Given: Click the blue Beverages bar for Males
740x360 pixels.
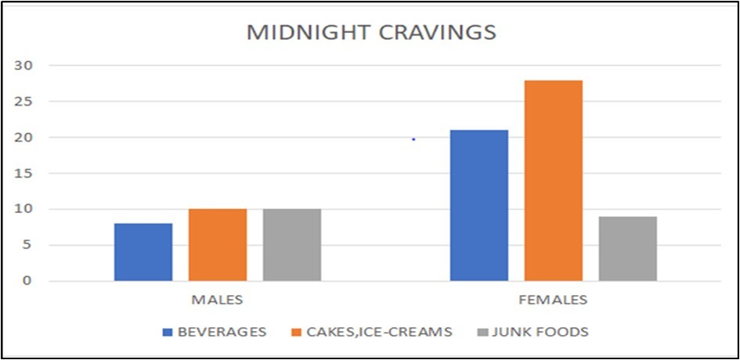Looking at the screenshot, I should (x=143, y=252).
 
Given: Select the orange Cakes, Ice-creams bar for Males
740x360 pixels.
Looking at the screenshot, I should (x=218, y=245).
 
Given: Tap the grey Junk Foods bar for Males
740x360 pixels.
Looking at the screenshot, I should (x=292, y=245).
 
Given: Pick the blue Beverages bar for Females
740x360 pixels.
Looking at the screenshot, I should (x=479, y=205).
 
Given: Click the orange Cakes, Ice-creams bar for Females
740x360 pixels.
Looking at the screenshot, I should (x=554, y=180).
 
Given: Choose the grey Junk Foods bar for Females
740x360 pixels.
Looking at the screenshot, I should (x=628, y=249).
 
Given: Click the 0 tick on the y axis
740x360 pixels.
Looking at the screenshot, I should (x=29, y=280).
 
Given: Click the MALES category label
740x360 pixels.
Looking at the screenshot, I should (x=218, y=300).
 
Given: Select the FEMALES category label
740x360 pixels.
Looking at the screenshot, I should (x=554, y=300).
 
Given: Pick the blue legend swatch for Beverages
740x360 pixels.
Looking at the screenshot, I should (x=168, y=333).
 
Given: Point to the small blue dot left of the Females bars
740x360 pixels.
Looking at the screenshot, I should (x=413, y=139).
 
